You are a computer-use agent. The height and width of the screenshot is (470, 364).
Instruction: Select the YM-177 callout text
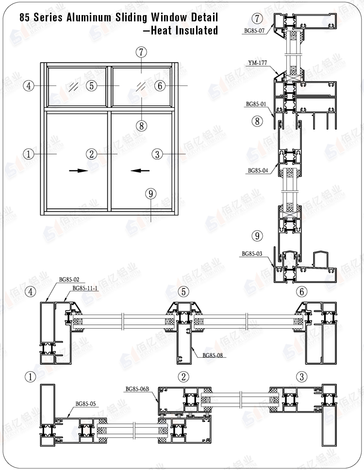coord(255,62)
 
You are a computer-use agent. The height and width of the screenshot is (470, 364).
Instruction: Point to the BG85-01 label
coord(256,104)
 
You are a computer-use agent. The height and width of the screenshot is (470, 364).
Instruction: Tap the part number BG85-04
coord(258,171)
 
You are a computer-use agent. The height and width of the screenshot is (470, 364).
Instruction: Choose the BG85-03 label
coord(252,253)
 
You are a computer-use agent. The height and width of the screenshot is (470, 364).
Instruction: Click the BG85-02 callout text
coord(69,280)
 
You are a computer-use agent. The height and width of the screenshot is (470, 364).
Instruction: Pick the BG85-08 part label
coord(213,355)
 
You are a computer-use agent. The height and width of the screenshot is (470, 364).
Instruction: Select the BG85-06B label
coord(137,389)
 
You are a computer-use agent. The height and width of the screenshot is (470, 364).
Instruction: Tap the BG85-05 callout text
coord(85,403)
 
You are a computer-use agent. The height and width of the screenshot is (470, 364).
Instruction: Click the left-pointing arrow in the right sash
coord(140,170)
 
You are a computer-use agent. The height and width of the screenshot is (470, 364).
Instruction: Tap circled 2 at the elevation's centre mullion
coord(92,154)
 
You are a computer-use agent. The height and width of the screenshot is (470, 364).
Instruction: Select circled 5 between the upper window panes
coord(92,86)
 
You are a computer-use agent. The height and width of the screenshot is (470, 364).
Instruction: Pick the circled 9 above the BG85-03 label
coord(258,236)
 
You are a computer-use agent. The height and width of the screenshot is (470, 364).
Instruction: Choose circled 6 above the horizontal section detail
coord(301,292)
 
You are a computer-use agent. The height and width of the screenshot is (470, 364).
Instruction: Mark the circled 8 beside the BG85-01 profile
coord(257,121)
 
